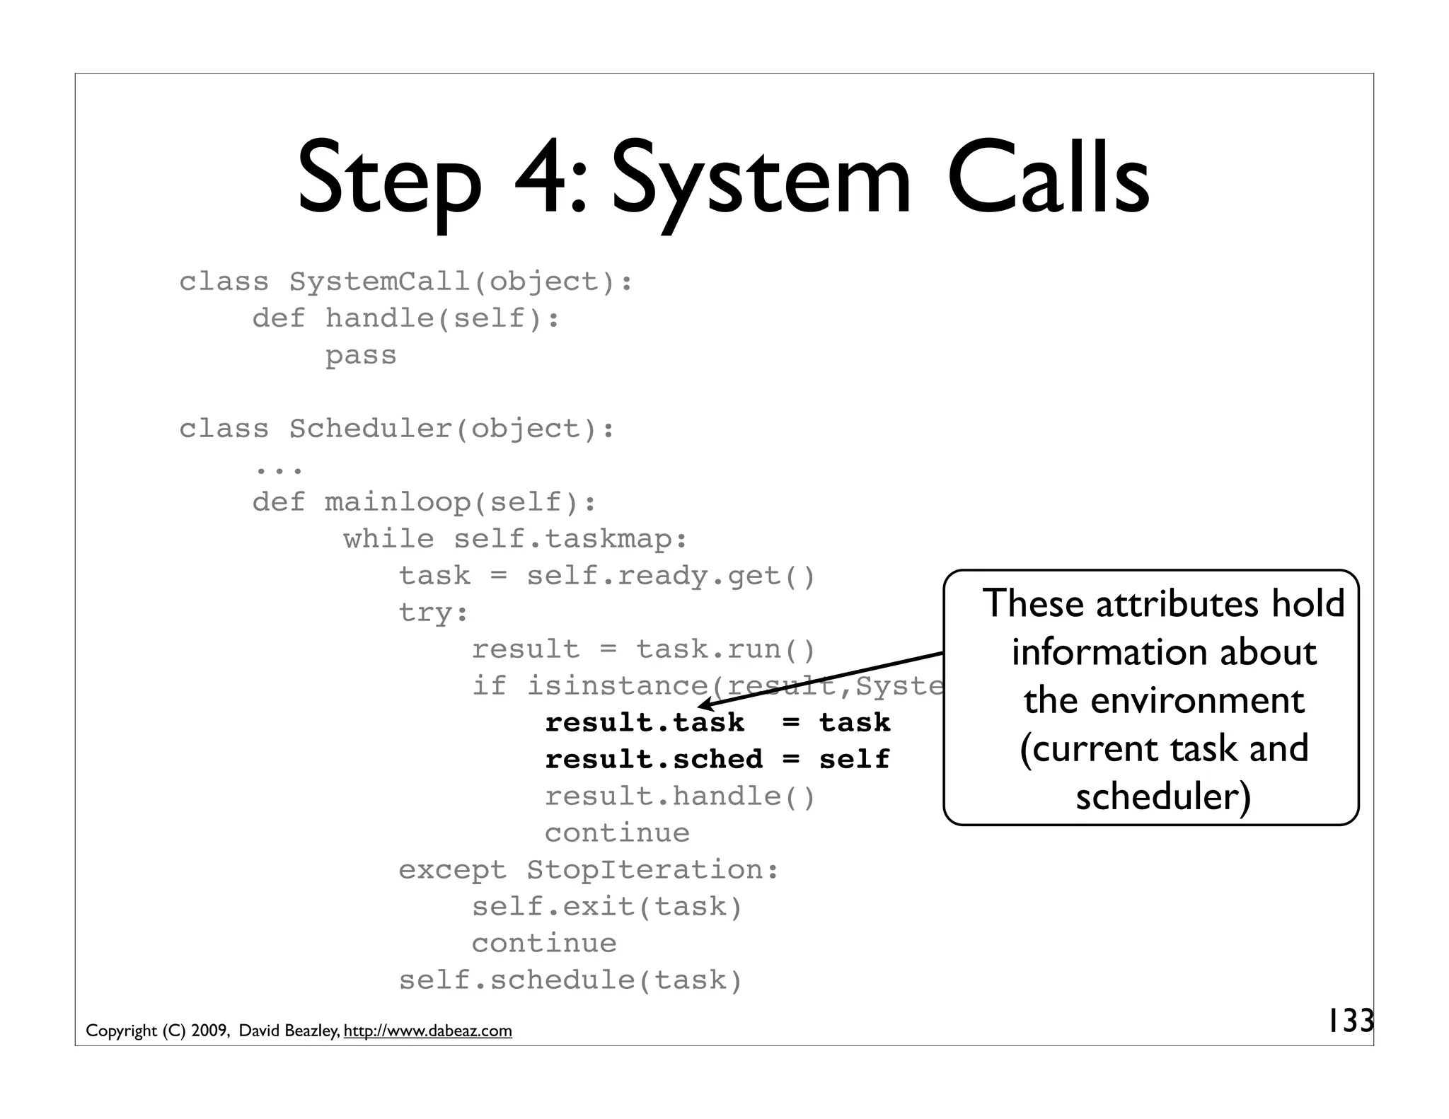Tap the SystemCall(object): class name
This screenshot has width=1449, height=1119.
(461, 282)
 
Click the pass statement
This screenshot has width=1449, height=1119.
(361, 355)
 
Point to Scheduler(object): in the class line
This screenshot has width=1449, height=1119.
(451, 429)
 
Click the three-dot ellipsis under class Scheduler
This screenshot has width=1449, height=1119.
(279, 468)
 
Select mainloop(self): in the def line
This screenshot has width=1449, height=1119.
(461, 502)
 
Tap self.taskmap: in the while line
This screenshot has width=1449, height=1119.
(570, 539)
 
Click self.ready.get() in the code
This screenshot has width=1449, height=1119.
(671, 576)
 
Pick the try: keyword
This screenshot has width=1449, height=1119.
(433, 613)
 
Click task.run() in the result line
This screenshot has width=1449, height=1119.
(726, 649)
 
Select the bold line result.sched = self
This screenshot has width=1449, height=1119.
(717, 760)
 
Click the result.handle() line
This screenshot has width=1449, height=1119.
(680, 796)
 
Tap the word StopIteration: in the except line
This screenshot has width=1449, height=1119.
(652, 870)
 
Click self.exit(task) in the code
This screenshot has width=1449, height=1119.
(607, 907)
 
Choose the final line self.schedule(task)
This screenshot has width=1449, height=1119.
(570, 980)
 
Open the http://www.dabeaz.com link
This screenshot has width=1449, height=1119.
(427, 1031)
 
